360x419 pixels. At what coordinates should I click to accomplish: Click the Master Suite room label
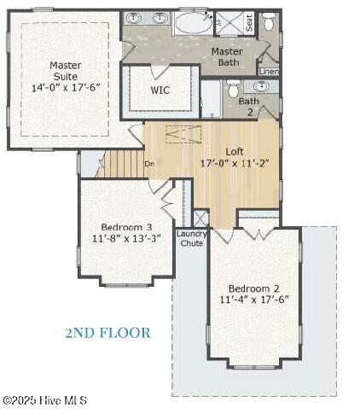pos(66,71)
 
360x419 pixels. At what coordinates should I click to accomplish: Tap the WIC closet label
pos(160,90)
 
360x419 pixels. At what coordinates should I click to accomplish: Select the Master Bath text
pos(227,57)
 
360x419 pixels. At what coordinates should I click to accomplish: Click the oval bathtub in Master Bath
pos(194,24)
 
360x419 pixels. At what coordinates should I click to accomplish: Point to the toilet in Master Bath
pos(268,21)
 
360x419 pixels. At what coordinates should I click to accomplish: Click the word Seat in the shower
pos(249,23)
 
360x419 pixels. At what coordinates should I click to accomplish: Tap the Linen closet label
pos(269,72)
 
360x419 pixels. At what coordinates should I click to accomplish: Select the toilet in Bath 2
pos(234,88)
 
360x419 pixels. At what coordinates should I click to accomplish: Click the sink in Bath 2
pos(261,86)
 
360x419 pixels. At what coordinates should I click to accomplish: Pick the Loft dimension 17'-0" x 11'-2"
pos(235,164)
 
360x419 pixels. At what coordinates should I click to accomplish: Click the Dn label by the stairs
pos(149,164)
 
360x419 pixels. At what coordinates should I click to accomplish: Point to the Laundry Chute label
pos(192,238)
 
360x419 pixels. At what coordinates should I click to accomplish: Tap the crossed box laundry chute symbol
pos(200,218)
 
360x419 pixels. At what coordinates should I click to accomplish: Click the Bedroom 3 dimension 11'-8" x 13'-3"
pos(126,238)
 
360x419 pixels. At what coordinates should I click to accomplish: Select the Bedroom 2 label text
pos(253,288)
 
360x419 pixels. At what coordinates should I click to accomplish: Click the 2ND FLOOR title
pos(107,333)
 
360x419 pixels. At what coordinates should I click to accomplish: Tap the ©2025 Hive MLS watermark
pos(45,400)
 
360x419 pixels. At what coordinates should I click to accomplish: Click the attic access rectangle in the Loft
pos(183,134)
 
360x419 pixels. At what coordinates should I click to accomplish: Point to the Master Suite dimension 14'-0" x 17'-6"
pos(66,87)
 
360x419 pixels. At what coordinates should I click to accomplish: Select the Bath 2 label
pos(249,107)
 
